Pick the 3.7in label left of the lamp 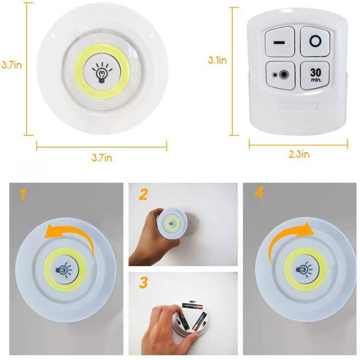(x=11, y=65)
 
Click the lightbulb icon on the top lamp (x=102, y=71)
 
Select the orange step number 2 (x=143, y=194)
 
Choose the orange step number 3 (x=143, y=283)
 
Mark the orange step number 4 (x=259, y=193)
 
